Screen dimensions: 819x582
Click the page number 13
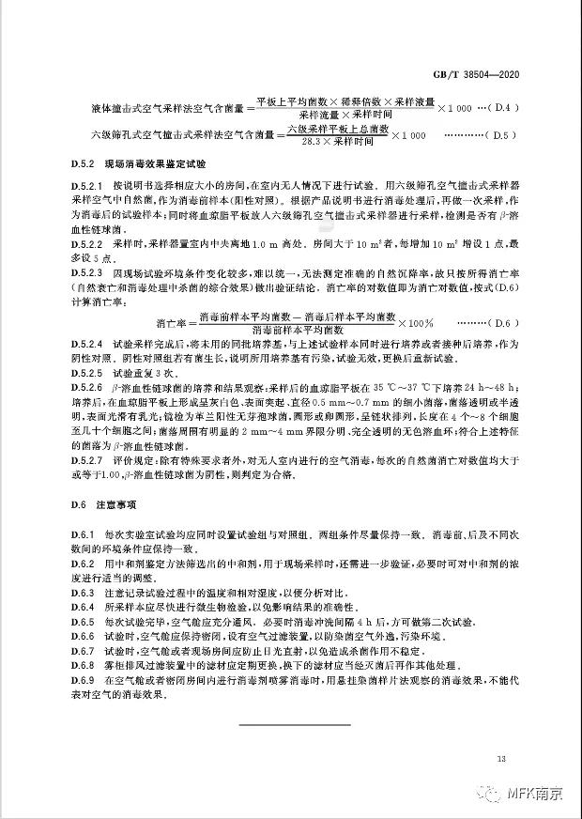click(x=502, y=757)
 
